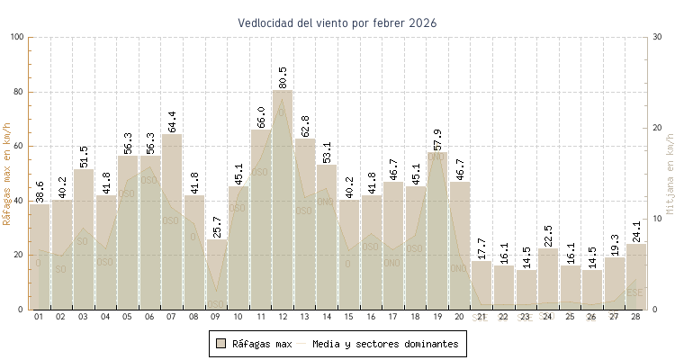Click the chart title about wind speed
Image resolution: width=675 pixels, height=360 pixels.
point(337,22)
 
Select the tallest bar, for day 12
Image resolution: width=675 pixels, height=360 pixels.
point(283,198)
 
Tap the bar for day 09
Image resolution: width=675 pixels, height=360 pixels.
point(216,274)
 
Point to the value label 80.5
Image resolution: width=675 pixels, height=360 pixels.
point(283,76)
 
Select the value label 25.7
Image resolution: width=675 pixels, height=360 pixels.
point(216,226)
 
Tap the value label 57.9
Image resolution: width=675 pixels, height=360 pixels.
point(437,139)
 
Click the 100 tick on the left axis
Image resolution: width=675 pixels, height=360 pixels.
point(17,37)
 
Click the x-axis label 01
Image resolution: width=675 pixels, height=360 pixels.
point(39,317)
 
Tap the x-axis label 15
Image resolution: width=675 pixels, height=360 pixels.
point(349,317)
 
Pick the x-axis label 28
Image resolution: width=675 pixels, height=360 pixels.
point(636,317)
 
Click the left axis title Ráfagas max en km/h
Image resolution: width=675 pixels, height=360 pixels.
point(8,173)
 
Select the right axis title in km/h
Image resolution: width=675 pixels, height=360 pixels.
point(669,173)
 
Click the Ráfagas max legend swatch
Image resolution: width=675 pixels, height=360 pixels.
point(220,344)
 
